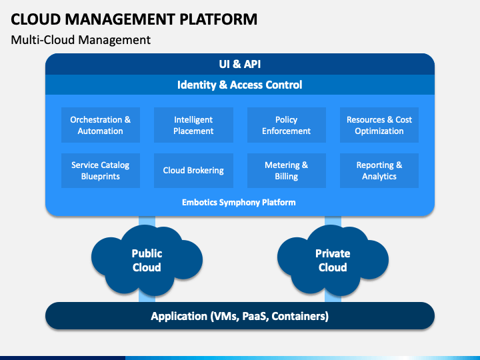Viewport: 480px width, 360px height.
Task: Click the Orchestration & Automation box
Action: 101,125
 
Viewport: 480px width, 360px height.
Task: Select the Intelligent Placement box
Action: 193,125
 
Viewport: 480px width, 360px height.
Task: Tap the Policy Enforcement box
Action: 287,125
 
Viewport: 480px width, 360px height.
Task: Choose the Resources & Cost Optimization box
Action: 379,125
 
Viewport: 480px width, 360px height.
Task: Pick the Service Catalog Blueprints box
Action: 101,171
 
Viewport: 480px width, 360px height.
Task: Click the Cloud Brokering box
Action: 193,171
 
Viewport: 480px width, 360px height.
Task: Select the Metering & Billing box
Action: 287,171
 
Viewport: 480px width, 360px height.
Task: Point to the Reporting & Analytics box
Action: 379,171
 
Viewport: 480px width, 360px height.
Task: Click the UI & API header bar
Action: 240,64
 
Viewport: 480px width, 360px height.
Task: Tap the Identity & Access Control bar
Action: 240,85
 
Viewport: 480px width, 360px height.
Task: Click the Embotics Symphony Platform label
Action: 239,203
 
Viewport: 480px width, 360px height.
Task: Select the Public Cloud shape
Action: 147,260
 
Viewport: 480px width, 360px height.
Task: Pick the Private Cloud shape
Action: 333,260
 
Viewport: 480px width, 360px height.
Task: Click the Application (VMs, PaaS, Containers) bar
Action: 240,316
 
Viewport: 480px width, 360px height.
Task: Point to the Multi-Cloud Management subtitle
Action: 81,40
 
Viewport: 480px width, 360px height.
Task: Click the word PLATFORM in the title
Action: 218,19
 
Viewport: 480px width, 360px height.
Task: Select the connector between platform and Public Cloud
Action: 147,221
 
